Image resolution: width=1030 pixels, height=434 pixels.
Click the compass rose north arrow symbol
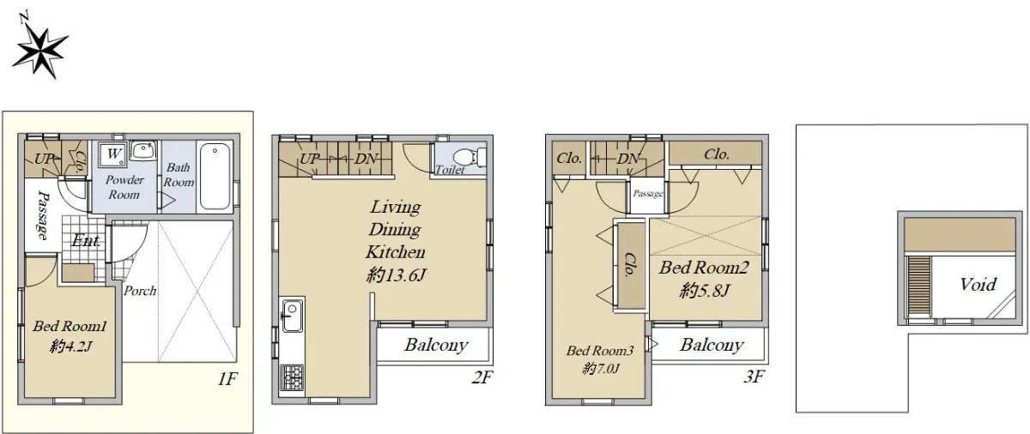(x=39, y=50)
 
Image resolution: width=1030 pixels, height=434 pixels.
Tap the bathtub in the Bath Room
(x=215, y=177)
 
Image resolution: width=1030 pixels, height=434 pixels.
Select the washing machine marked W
(x=112, y=154)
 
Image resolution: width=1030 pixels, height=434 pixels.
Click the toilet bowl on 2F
(x=470, y=157)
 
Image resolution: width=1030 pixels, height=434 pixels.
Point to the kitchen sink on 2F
(x=293, y=316)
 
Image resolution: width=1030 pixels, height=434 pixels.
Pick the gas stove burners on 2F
(x=292, y=377)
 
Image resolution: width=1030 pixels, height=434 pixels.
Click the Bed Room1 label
(x=70, y=326)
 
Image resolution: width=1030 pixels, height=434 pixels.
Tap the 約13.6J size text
(x=396, y=275)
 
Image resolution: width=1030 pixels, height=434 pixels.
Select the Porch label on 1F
(x=140, y=291)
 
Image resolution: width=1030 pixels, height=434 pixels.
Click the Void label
(x=978, y=284)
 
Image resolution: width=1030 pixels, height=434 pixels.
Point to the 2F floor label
(x=482, y=377)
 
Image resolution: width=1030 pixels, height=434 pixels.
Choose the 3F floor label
(x=754, y=377)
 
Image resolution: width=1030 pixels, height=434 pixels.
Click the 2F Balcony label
(x=436, y=345)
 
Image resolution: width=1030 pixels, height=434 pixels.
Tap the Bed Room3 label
(x=600, y=351)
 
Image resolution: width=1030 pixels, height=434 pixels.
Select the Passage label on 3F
(x=648, y=193)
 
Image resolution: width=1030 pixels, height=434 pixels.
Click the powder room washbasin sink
(x=144, y=151)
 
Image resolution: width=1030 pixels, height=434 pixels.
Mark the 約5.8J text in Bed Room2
(x=705, y=290)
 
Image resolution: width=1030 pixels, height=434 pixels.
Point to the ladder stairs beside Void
(x=918, y=286)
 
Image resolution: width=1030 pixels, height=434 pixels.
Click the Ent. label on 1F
(x=86, y=241)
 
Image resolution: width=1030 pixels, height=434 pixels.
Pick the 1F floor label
(x=227, y=379)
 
